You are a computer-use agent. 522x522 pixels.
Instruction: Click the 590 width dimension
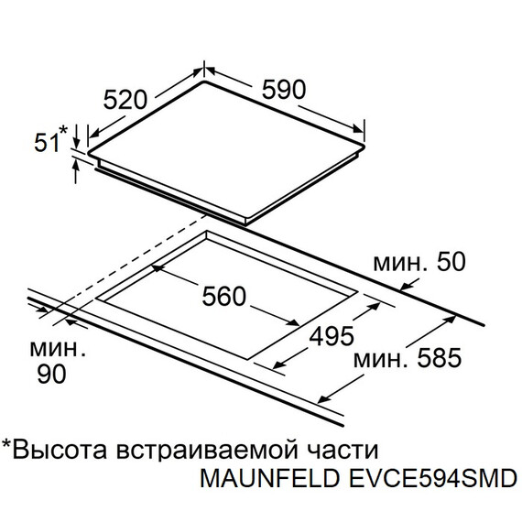point(284,90)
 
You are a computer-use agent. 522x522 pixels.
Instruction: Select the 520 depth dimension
point(125,100)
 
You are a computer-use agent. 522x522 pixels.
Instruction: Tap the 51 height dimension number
point(47,143)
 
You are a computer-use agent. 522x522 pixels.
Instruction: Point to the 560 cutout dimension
point(224,297)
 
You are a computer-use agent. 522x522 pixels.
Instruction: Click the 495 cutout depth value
point(332,336)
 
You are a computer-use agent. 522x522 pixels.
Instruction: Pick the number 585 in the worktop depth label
point(440,358)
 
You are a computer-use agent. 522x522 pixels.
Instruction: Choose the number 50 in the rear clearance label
point(451,262)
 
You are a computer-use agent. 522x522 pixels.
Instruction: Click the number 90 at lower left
point(51,374)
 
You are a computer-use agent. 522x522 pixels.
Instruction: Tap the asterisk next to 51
point(63,130)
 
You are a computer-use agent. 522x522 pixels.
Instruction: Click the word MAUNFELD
point(269,478)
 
